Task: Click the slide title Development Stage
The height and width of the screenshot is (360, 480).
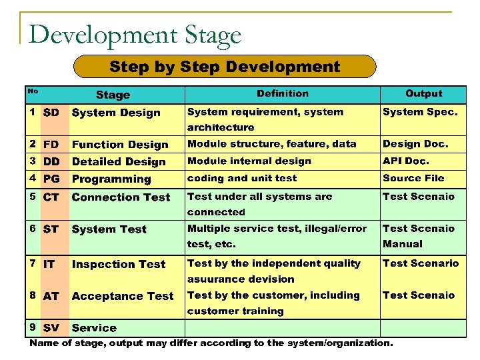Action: click(x=135, y=35)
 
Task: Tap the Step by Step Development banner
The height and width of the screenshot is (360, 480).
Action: click(x=225, y=67)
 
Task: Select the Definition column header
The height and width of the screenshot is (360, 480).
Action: click(x=283, y=94)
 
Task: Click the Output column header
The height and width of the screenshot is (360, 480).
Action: click(x=423, y=94)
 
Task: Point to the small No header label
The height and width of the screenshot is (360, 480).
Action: click(x=33, y=91)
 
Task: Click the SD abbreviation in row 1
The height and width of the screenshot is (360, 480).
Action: click(x=51, y=113)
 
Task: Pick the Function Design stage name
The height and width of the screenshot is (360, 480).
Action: click(x=120, y=145)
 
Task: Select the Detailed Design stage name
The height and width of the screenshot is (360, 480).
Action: click(x=119, y=162)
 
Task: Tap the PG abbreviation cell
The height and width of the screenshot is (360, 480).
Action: click(x=51, y=179)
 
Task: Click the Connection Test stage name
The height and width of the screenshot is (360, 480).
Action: click(x=121, y=197)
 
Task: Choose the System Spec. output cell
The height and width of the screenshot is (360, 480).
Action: click(x=420, y=112)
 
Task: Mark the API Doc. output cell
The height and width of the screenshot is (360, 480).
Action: click(x=406, y=161)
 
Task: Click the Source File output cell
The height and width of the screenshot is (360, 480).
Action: click(x=413, y=178)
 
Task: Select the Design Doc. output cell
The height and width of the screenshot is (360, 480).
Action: click(x=415, y=143)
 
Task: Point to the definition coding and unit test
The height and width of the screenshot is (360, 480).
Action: click(x=243, y=178)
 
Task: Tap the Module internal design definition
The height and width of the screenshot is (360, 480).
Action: click(x=249, y=161)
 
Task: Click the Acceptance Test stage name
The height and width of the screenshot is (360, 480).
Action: click(x=123, y=296)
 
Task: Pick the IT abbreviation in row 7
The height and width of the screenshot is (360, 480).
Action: click(x=49, y=264)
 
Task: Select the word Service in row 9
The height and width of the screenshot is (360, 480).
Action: click(x=94, y=328)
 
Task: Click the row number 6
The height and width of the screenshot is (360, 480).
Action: click(x=33, y=228)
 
